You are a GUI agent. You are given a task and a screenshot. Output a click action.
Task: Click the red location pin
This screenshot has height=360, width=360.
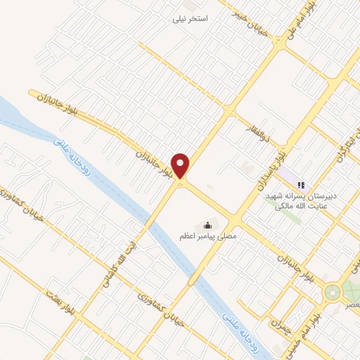coord(181,166)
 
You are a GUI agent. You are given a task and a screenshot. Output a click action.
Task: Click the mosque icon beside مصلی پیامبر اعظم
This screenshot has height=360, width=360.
coord(207,225)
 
